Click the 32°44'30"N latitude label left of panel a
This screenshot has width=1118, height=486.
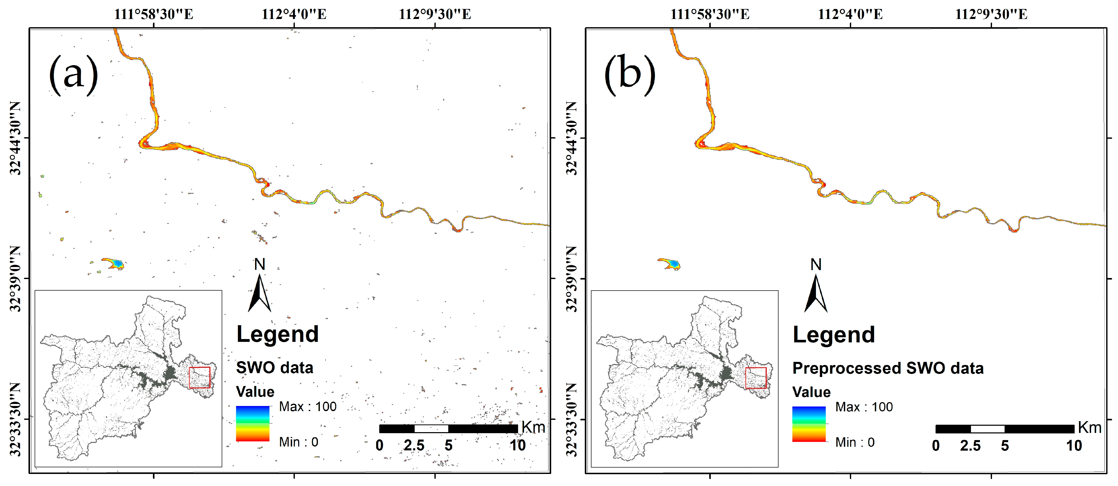tap(15, 138)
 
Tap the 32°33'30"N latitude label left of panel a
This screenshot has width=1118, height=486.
tap(15, 419)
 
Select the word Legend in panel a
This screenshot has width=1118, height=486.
tap(277, 334)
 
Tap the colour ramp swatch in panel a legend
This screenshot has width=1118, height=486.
tap(252, 423)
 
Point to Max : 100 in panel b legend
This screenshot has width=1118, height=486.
tap(864, 407)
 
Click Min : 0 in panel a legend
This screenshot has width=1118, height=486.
tap(299, 442)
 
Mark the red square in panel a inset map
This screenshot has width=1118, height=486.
tap(200, 378)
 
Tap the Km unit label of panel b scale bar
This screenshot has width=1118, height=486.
tap(1089, 428)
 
